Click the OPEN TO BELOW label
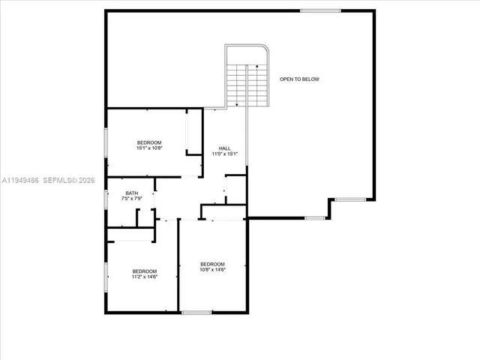[x=299, y=79]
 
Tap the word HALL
[x=224, y=148]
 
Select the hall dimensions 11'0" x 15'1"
[x=224, y=154]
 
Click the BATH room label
[x=131, y=193]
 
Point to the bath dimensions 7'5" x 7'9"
[x=131, y=199]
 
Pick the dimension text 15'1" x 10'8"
[x=148, y=148]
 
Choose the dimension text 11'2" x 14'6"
[x=145, y=277]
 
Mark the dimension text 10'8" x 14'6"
[x=212, y=270]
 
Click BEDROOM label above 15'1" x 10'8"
[x=148, y=142]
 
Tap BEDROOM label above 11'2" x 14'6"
[x=145, y=271]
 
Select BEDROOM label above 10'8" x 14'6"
[x=212, y=264]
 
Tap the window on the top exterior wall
[x=320, y=10]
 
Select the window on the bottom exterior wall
[x=196, y=312]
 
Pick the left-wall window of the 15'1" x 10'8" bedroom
[x=106, y=142]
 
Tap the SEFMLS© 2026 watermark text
[x=70, y=180]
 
